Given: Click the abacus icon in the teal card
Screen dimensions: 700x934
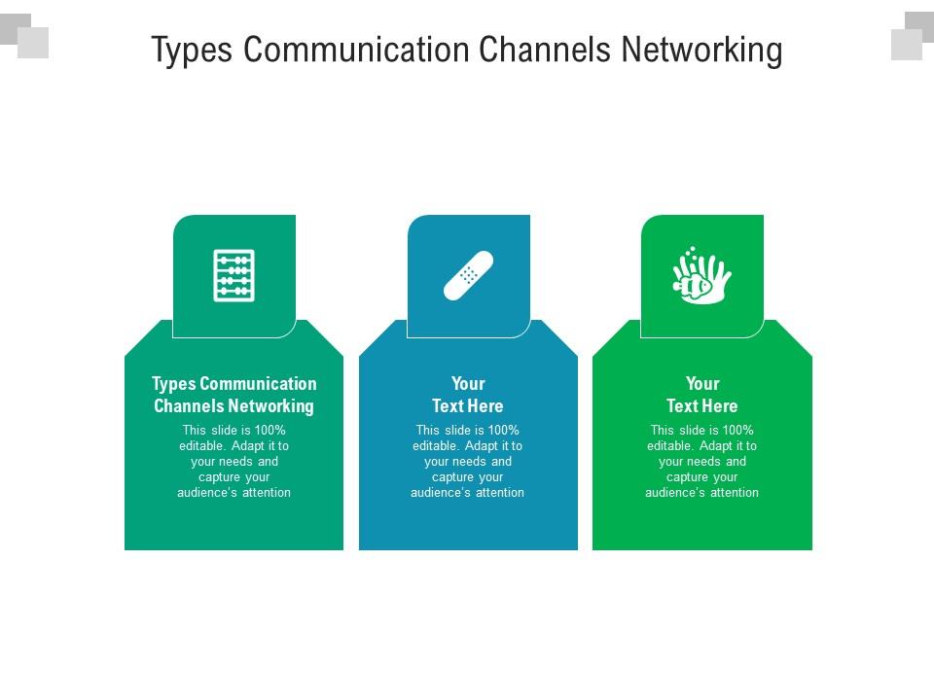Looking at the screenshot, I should [x=233, y=276].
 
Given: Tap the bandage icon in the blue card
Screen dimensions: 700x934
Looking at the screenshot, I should [x=468, y=275].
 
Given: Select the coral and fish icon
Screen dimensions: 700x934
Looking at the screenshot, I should [x=701, y=275].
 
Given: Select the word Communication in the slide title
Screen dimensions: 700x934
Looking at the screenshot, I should [x=369, y=50].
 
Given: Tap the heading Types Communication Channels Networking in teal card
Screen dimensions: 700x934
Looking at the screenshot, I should [x=233, y=395].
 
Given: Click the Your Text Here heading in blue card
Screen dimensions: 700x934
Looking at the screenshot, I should [x=468, y=395].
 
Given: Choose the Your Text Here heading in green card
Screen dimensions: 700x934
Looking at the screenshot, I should [x=701, y=395].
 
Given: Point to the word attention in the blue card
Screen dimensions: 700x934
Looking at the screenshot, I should [x=498, y=493].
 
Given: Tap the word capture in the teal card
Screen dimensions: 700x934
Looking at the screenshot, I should [x=219, y=477].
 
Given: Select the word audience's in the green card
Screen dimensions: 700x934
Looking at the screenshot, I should [x=674, y=493].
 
